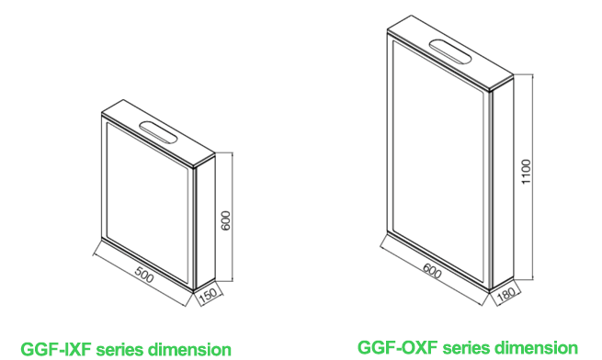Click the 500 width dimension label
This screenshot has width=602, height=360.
144,274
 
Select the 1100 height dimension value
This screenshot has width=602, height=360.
526,172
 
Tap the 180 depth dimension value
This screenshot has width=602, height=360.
506,295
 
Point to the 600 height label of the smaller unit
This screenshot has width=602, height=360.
226,220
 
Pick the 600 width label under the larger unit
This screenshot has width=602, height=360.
432,271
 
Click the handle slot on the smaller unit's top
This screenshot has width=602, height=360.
158,133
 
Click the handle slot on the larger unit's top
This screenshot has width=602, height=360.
450,51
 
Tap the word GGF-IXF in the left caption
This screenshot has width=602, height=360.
56,350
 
